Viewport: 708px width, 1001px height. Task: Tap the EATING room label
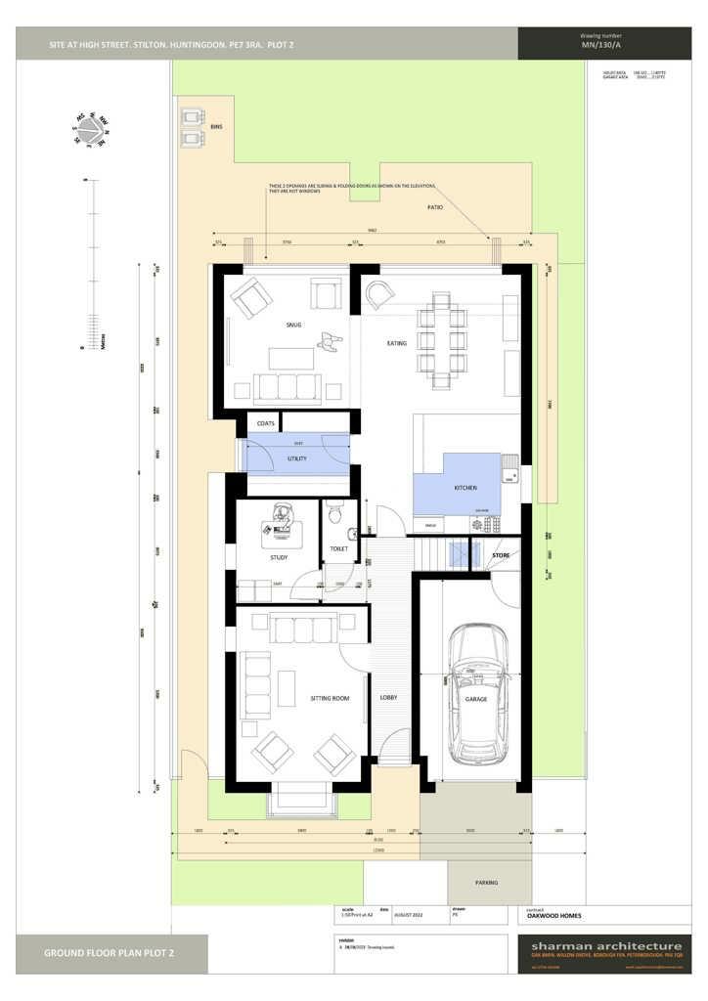point(397,343)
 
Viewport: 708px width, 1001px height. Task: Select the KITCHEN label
point(465,487)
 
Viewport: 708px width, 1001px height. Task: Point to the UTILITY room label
point(297,457)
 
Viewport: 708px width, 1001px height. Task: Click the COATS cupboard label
point(265,423)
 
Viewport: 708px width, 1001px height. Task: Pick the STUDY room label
point(279,558)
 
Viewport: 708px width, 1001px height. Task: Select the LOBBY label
point(388,698)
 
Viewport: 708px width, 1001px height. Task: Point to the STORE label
point(501,555)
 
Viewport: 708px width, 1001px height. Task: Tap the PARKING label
point(486,883)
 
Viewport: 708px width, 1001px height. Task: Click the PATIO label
point(435,208)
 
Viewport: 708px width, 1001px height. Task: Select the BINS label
point(217,127)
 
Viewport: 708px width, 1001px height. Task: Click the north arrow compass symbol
point(91,129)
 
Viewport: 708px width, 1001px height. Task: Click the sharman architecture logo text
point(605,946)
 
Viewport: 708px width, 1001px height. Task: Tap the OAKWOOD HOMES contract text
point(553,916)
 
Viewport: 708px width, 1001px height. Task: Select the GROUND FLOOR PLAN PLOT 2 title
point(110,952)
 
